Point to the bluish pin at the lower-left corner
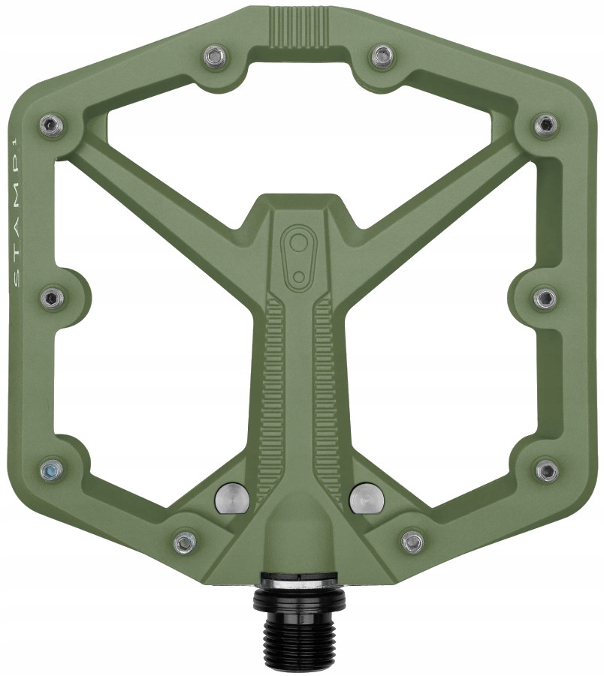(51, 470)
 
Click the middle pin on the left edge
(51, 297)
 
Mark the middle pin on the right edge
(546, 297)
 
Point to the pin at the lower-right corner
(547, 470)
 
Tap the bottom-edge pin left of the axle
(184, 541)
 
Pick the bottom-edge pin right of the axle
(412, 541)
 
